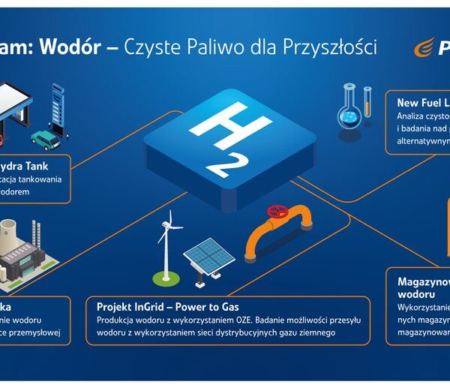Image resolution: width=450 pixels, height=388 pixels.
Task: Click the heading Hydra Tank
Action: point(37,166)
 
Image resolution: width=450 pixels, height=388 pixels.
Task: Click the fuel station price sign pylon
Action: point(56,104)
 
